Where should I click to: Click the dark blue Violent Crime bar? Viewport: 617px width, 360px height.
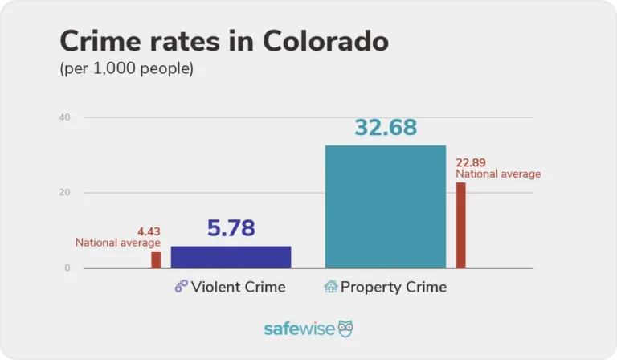(231, 256)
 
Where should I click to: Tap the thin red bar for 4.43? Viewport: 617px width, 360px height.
(156, 260)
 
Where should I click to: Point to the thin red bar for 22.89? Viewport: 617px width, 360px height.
(460, 225)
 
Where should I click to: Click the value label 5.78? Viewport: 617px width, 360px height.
(231, 228)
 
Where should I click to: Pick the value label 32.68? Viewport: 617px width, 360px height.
(385, 127)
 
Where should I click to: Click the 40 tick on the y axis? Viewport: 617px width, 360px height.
(64, 117)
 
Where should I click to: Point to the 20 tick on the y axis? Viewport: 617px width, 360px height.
(64, 193)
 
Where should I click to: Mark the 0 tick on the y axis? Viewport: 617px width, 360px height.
(67, 268)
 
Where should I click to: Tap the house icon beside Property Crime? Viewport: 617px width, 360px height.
(330, 287)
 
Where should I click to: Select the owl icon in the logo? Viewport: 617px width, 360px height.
(345, 329)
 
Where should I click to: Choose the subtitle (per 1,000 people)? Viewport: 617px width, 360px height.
(127, 69)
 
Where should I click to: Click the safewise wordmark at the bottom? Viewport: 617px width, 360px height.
(299, 329)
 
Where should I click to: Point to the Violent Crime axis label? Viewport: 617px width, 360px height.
(238, 287)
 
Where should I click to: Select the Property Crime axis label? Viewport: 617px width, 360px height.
(393, 287)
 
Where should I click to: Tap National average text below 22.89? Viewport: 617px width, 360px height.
(498, 174)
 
